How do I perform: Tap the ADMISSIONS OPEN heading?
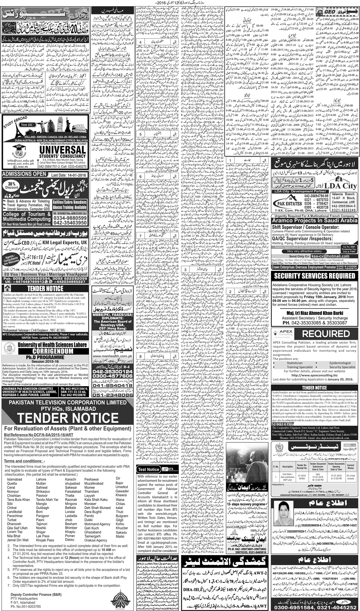coord(24,174)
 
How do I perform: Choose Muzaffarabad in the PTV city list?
coord(94,483)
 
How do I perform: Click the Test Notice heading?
coord(149,469)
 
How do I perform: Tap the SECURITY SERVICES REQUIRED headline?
coord(315,276)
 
